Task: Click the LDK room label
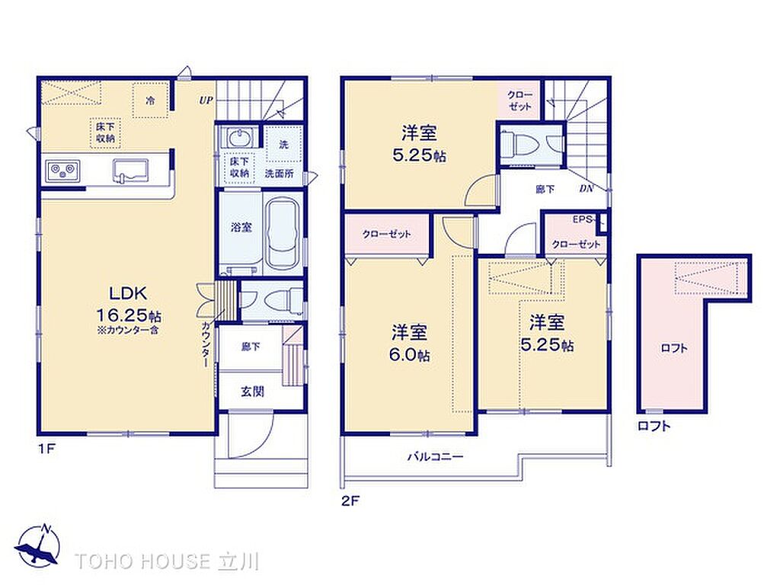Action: (x=128, y=293)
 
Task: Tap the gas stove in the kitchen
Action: (x=63, y=171)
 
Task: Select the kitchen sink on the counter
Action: (x=130, y=171)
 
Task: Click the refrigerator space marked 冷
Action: (x=150, y=100)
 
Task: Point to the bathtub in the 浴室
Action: (x=282, y=233)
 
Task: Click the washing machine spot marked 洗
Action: (x=283, y=144)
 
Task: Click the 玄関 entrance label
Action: (x=251, y=392)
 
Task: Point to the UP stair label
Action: (x=206, y=100)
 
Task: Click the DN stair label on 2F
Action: (x=586, y=189)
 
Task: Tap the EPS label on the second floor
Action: (x=582, y=219)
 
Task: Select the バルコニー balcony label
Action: (x=435, y=456)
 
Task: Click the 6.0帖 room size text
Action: (x=409, y=355)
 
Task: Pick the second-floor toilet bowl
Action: (x=519, y=144)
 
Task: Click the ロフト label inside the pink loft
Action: (x=673, y=347)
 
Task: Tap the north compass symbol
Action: (x=38, y=545)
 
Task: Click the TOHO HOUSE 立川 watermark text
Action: (x=167, y=561)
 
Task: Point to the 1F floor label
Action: (x=46, y=449)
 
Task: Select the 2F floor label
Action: (x=350, y=501)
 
